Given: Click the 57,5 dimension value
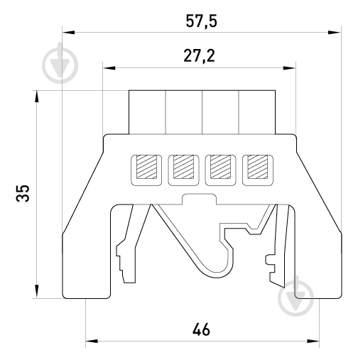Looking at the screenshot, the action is click(202, 21).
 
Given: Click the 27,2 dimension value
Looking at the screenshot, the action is click(200, 56).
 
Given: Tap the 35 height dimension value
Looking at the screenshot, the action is click(23, 193).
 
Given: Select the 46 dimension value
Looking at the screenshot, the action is click(201, 329).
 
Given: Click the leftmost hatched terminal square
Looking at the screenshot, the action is click(147, 167).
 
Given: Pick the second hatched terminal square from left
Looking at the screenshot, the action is click(183, 167).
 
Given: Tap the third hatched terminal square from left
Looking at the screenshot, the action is click(220, 167).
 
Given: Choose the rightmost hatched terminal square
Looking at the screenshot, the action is click(257, 167).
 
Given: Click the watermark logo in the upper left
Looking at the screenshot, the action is click(60, 63).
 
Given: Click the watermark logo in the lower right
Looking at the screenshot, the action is click(296, 296).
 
